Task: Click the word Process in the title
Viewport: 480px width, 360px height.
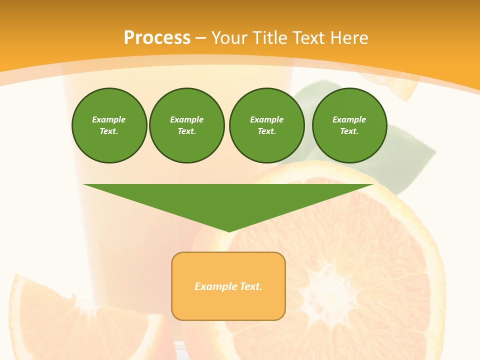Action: [x=157, y=38]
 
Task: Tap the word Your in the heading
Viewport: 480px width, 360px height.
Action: [x=229, y=38]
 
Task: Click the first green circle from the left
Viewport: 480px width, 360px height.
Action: [x=109, y=125]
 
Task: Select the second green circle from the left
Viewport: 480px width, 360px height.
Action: [x=187, y=125]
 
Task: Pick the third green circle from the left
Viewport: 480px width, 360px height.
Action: [x=267, y=125]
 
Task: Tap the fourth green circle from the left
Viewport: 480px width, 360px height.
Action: [x=349, y=125]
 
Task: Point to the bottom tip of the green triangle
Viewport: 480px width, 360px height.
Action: [x=229, y=231]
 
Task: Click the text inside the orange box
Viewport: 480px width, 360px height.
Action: [x=228, y=286]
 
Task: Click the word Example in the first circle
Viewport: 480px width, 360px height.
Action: [x=109, y=119]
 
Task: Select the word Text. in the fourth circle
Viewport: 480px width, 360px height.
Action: [x=349, y=131]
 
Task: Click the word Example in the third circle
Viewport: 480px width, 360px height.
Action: [x=266, y=119]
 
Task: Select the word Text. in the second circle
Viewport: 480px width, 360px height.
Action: [x=186, y=131]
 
